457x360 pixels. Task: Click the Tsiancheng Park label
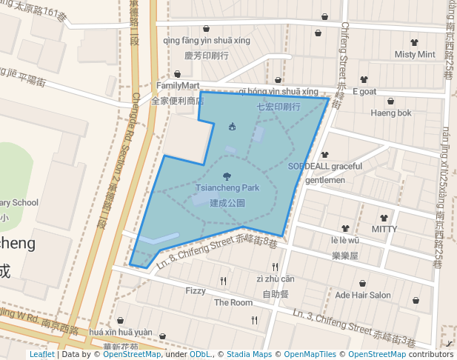pyautogui.click(x=227, y=188)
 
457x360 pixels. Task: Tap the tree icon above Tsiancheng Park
pyautogui.click(x=227, y=176)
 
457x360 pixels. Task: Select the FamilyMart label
pyautogui.click(x=178, y=86)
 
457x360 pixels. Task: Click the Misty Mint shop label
pyautogui.click(x=415, y=54)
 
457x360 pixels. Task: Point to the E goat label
pyautogui.click(x=364, y=91)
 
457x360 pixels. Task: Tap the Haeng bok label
pyautogui.click(x=391, y=113)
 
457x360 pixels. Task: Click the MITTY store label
pyautogui.click(x=384, y=229)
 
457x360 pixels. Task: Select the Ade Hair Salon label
pyautogui.click(x=363, y=295)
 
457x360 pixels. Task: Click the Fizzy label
pyautogui.click(x=196, y=290)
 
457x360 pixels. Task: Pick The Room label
pyautogui.click(x=233, y=302)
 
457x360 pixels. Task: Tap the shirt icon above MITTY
pyautogui.click(x=384, y=218)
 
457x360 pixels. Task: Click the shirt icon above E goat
pyautogui.click(x=364, y=79)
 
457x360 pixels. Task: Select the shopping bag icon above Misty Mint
pyautogui.click(x=414, y=42)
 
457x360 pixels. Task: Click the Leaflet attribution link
pyautogui.click(x=41, y=354)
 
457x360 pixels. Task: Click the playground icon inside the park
pyautogui.click(x=233, y=126)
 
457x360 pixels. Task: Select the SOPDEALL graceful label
pyautogui.click(x=325, y=166)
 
